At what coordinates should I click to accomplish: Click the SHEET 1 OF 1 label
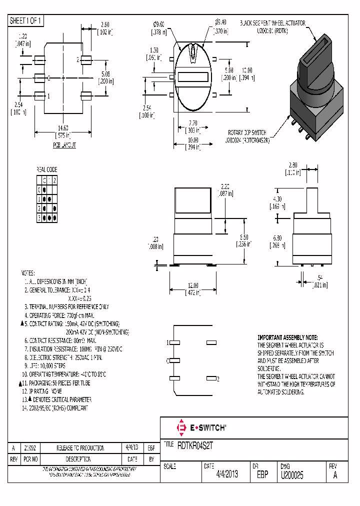pos(26,20)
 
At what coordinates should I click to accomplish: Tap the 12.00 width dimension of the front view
pos(192,285)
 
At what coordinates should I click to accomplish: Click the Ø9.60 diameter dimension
pos(159,24)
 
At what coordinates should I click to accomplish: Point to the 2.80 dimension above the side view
pos(293,165)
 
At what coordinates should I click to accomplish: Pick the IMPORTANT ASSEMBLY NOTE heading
pos(287,338)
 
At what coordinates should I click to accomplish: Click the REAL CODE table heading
pos(46,169)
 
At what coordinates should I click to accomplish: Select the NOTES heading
pos(27,273)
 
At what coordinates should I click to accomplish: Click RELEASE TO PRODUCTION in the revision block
pos(80,448)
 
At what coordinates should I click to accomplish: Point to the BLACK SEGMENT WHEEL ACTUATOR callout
pos(272,23)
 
